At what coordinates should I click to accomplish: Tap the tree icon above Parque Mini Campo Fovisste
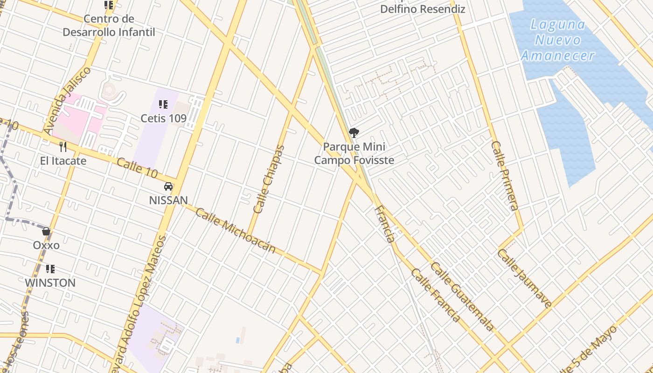click(x=354, y=133)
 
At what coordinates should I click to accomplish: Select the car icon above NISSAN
click(x=168, y=186)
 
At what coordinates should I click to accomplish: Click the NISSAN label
click(x=168, y=200)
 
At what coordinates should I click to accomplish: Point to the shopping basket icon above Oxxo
click(x=46, y=231)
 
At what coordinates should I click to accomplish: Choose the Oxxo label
click(x=46, y=245)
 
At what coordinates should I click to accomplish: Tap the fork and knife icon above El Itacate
click(x=63, y=147)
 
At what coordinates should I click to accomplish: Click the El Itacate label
click(x=63, y=161)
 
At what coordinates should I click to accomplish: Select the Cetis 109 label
click(x=164, y=118)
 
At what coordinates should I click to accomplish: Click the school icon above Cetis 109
click(x=163, y=104)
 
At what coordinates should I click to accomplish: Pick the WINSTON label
click(x=50, y=283)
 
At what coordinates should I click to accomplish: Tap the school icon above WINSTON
click(x=50, y=269)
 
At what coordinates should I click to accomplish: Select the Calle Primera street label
click(x=505, y=176)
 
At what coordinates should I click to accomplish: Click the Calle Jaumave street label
click(x=524, y=278)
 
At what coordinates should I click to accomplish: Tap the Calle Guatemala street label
click(x=462, y=297)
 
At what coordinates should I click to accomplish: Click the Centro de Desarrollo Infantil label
click(x=109, y=26)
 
